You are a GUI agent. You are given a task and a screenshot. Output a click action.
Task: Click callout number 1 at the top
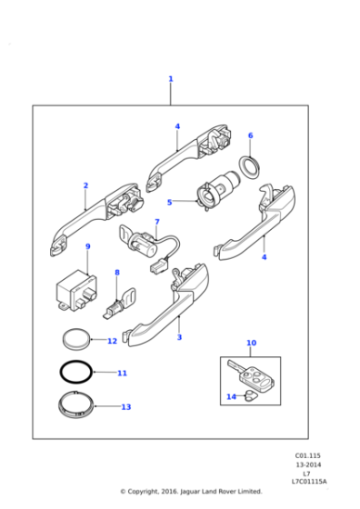pos(170,79)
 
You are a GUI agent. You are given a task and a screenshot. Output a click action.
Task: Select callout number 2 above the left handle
pos(85,185)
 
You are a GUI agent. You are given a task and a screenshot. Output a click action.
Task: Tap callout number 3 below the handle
pos(179,337)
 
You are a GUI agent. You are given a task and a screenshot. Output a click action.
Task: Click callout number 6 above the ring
pos(250,135)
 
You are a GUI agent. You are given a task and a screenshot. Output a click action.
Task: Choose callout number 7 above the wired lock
pos(156,222)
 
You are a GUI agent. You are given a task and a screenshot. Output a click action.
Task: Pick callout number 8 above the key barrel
pos(116,272)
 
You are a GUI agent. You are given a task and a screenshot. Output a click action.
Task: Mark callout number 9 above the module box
pos(87,246)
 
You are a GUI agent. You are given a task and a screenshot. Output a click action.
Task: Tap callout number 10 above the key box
pos(251,343)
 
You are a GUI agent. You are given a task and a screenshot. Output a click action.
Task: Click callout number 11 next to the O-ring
pos(122,373)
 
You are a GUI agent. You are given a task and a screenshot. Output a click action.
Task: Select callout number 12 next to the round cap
pos(112,341)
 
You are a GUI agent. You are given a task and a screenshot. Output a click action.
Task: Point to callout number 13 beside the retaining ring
pos(125,407)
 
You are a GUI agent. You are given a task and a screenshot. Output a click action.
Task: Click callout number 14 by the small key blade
pos(231,396)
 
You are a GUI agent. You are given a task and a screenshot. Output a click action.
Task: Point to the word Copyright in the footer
pos(145,492)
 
